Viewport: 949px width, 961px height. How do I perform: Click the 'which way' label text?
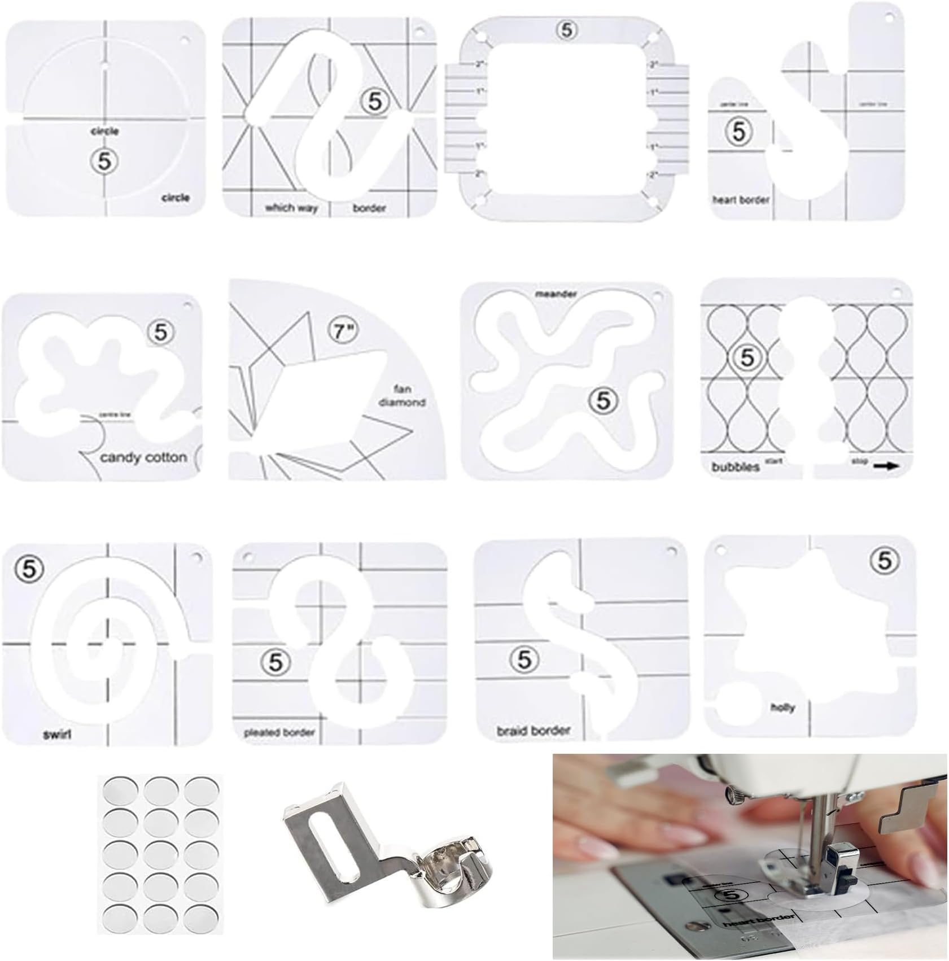click(x=291, y=208)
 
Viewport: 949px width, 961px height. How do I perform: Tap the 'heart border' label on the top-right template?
click(x=740, y=199)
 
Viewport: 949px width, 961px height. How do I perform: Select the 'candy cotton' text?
click(x=143, y=457)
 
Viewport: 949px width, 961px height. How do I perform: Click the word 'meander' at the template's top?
click(x=556, y=294)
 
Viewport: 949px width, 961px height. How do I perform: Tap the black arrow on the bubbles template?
click(x=886, y=466)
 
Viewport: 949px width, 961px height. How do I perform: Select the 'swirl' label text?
click(x=57, y=735)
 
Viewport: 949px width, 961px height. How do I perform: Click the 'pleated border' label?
click(x=278, y=732)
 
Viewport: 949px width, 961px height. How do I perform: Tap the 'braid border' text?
click(x=533, y=731)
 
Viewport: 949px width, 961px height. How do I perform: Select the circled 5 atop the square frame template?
click(x=567, y=30)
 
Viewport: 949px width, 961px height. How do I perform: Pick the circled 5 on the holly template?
click(x=884, y=560)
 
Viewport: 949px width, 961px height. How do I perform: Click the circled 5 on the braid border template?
click(x=524, y=659)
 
